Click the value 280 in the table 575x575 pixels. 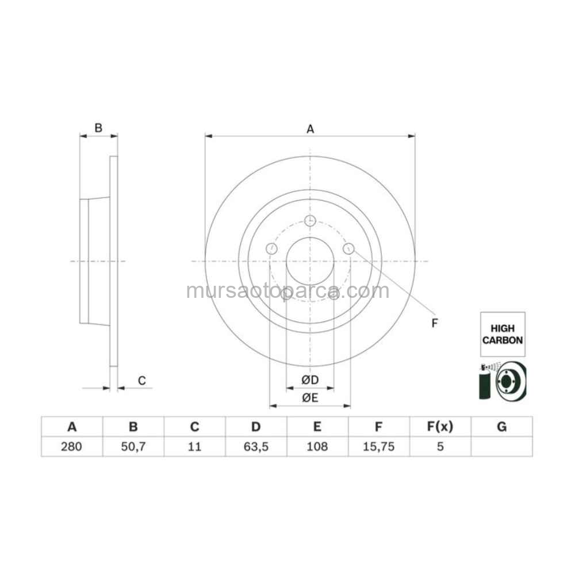click(x=71, y=447)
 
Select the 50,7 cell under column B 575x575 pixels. click(x=133, y=447)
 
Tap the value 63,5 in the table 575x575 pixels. click(x=256, y=447)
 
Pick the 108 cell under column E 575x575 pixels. click(x=317, y=447)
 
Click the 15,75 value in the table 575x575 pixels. click(x=379, y=447)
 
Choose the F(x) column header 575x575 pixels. click(x=440, y=427)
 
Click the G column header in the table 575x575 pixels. click(x=501, y=427)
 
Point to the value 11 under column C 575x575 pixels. click(x=194, y=447)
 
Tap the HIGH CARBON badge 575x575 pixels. click(x=503, y=334)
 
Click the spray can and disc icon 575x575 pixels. click(x=503, y=381)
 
